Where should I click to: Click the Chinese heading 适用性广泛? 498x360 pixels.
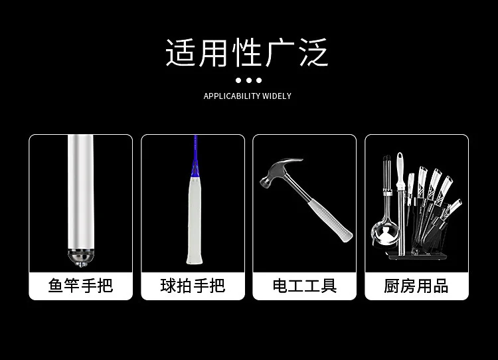247,52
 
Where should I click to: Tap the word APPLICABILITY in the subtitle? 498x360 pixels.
227,96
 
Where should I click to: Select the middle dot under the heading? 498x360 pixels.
249,80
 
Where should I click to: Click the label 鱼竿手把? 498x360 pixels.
80,286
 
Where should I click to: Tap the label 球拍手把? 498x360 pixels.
193,286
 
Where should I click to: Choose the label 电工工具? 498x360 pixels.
305,286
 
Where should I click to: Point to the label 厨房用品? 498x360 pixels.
416,286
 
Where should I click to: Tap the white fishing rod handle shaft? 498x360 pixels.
80,191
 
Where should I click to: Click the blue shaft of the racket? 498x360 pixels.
195,155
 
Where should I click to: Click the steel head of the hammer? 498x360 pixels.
280,171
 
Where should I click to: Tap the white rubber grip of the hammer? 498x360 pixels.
330,220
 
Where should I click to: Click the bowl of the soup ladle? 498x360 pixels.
385,234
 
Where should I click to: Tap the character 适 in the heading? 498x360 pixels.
180,52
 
